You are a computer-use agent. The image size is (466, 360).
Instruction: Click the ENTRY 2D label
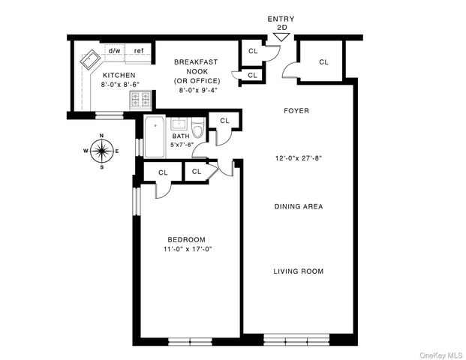(281, 22)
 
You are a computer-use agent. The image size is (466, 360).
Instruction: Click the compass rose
(102, 151)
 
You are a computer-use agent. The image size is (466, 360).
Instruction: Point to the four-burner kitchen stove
(141, 100)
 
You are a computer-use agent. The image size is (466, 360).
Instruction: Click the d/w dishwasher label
(115, 51)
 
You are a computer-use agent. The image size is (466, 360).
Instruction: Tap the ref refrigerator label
(139, 51)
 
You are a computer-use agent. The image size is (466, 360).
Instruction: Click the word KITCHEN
(119, 75)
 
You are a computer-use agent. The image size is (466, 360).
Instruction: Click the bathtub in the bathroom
(155, 136)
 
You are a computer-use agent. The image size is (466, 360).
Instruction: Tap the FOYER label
(296, 111)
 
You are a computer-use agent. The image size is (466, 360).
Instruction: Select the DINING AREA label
(298, 206)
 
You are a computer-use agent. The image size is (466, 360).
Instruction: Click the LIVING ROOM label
(298, 271)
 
